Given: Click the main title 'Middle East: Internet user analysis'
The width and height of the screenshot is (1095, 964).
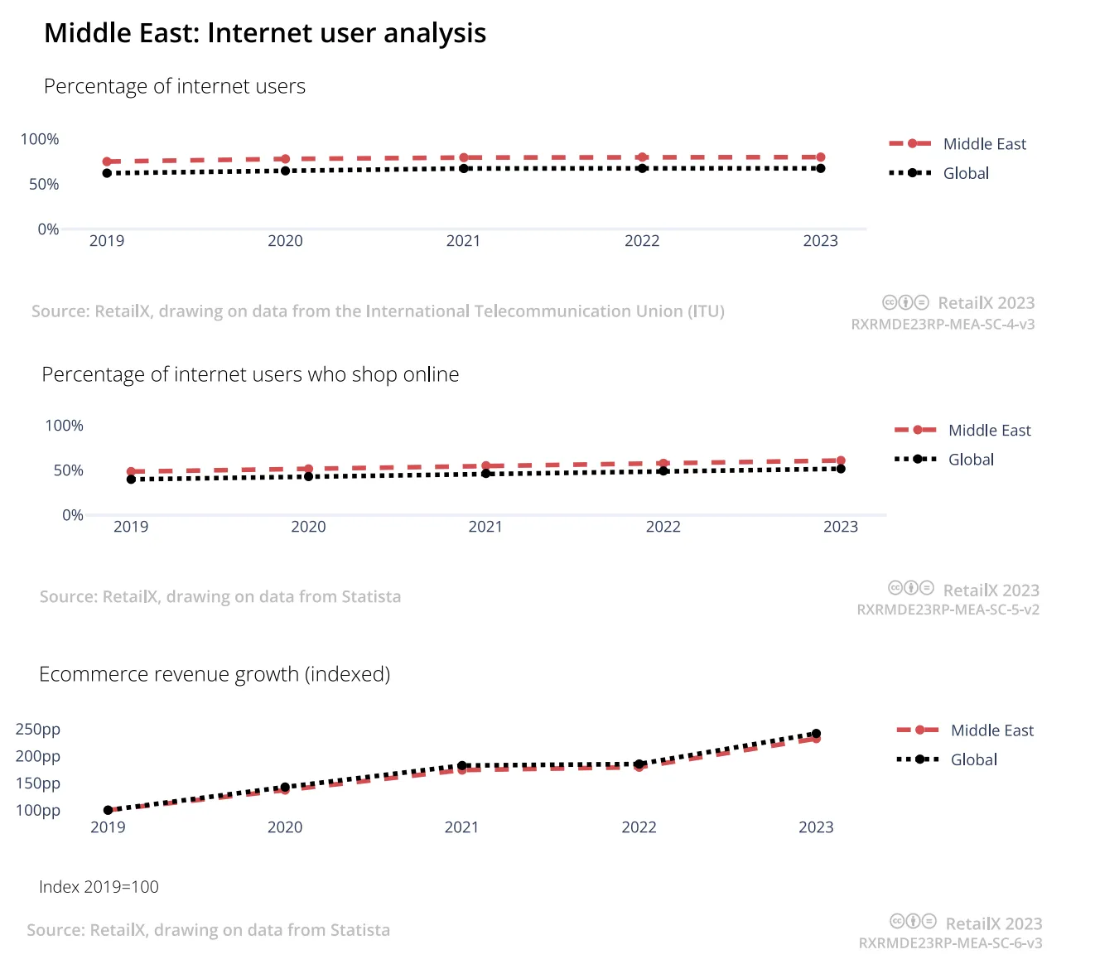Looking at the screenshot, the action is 265,33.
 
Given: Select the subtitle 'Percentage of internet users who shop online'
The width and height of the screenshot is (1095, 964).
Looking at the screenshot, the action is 250,374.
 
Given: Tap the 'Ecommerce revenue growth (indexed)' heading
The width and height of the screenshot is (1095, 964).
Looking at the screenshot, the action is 215,674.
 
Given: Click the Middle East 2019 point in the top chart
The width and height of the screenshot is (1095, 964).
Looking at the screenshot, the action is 107,161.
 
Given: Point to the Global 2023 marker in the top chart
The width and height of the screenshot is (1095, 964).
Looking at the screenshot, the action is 821,169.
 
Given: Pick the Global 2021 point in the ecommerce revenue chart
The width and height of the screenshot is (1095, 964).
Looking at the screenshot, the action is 462,766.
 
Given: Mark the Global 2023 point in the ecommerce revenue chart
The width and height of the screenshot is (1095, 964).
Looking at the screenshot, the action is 817,734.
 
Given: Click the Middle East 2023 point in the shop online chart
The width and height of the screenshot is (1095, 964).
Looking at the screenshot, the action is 841,461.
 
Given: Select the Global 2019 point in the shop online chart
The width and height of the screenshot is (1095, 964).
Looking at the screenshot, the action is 131,480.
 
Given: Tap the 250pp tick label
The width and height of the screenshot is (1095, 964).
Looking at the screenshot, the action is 38,730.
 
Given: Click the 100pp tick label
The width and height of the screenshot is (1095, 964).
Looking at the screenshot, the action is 38,811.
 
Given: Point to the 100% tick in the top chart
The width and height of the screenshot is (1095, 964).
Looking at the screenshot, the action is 40,139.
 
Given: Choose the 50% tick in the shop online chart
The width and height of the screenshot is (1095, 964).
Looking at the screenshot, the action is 69,470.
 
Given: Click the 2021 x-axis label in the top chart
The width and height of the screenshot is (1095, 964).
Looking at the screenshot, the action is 463,241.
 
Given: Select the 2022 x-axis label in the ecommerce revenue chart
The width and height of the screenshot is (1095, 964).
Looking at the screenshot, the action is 639,827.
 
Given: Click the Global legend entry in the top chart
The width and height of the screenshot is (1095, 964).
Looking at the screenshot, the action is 938,173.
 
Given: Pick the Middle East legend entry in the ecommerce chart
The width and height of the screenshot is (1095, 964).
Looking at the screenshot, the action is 965,730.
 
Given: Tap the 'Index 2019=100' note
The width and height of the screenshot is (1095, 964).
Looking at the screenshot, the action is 99,887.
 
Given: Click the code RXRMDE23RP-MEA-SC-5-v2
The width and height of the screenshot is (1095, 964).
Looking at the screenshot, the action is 948,610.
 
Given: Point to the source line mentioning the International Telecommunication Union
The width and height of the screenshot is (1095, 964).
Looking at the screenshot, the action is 378,311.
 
